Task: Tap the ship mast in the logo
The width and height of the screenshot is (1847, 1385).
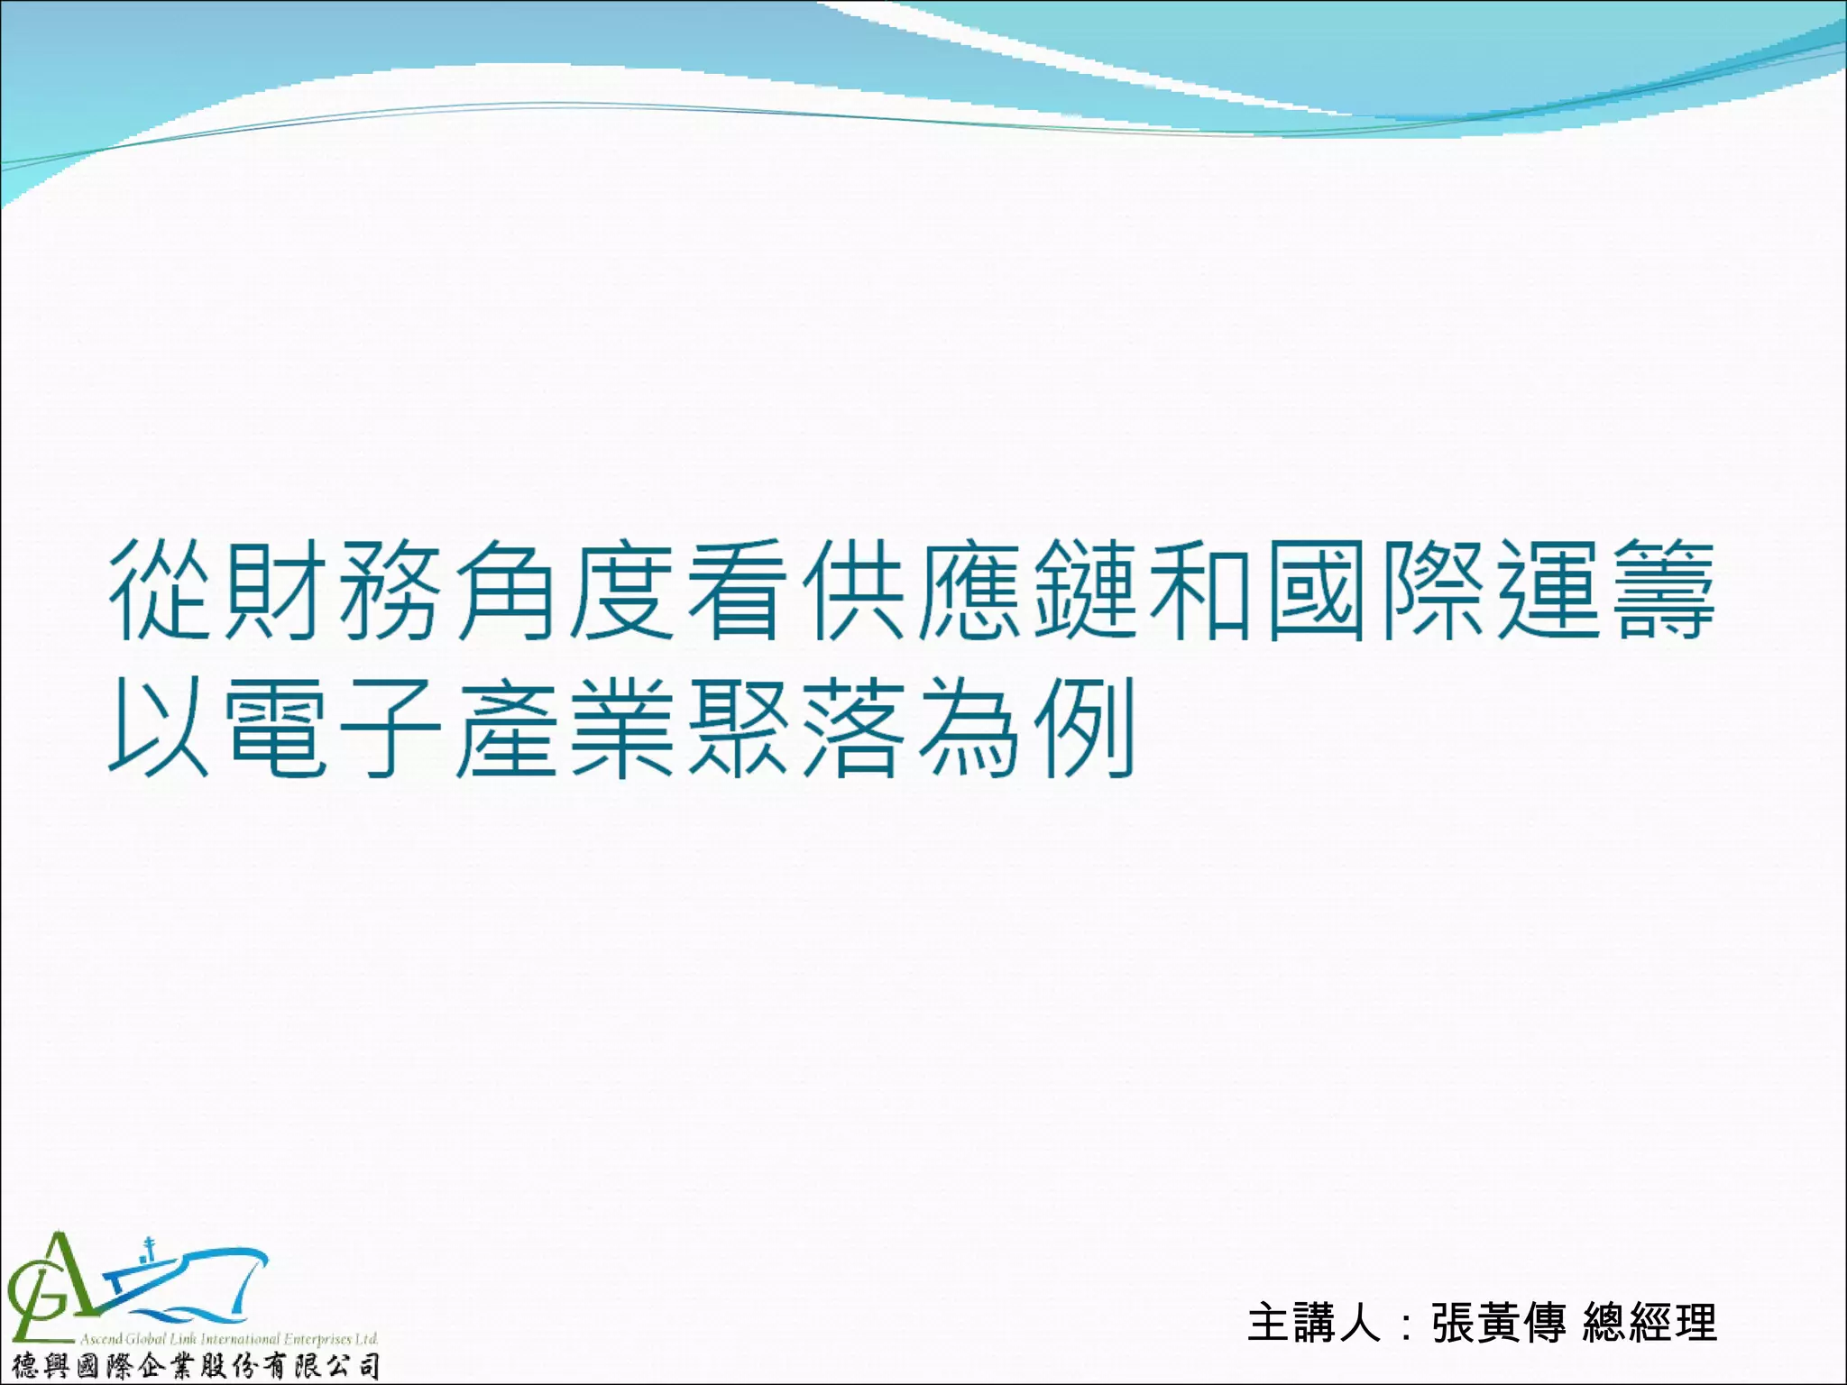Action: click(x=150, y=1250)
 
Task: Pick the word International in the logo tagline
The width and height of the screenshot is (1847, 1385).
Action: click(x=240, y=1339)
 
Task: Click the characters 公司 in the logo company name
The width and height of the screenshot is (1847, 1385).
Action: click(x=356, y=1366)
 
